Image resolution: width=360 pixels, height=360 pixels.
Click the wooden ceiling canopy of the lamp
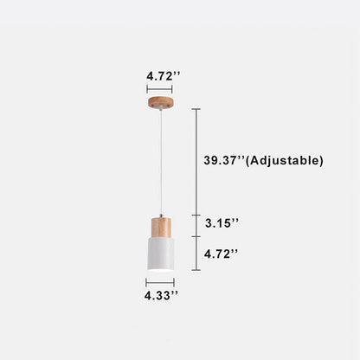(159, 103)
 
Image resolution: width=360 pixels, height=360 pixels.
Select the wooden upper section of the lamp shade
(159, 226)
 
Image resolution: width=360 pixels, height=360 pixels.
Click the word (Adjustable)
(286, 160)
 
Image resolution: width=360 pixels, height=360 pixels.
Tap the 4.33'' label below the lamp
(163, 295)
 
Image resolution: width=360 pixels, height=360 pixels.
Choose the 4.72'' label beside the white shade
(222, 254)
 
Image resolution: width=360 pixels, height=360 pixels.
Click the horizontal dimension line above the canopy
(159, 87)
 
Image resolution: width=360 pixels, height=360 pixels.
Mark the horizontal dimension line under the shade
(159, 281)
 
